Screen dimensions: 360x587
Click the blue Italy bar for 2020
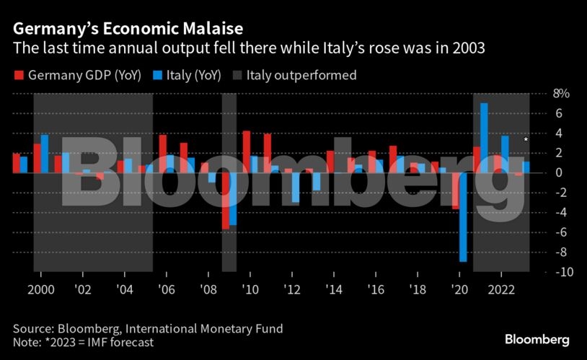463,216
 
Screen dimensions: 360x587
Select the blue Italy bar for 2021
484,138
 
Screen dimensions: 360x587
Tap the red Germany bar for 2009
226,201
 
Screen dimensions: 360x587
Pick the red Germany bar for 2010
247,152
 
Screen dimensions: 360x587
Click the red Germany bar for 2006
163,154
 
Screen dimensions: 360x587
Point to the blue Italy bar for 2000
45,154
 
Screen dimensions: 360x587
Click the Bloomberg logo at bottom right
537,339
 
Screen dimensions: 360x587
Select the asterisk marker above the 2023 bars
526,140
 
